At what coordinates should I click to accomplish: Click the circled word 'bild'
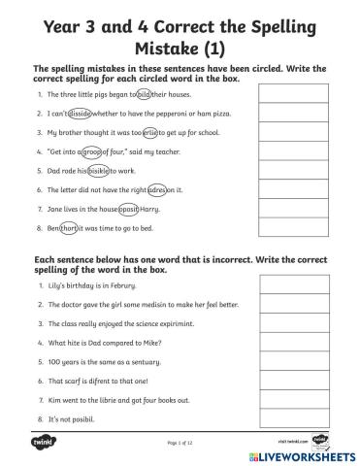click(145, 96)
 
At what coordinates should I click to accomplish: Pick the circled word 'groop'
click(92, 150)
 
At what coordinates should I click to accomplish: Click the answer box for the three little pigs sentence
click(288, 95)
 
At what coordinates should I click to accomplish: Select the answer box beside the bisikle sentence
click(288, 169)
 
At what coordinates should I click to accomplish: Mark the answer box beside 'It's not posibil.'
click(288, 417)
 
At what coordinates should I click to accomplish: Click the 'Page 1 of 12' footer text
click(180, 443)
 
